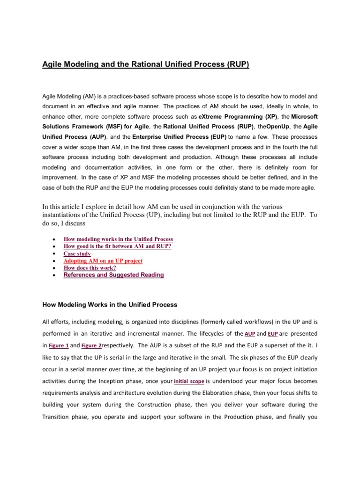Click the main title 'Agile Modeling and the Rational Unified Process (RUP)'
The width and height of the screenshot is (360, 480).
click(x=146, y=64)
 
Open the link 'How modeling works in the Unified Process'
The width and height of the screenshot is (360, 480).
click(x=118, y=239)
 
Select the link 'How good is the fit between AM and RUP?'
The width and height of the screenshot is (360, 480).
click(x=117, y=246)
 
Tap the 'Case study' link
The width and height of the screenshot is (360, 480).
click(x=77, y=254)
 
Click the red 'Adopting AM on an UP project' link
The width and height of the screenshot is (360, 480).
click(x=103, y=261)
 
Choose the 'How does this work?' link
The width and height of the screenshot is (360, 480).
click(x=90, y=268)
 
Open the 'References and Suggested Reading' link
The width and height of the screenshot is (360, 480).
click(x=113, y=275)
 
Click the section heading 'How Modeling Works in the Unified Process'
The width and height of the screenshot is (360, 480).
click(x=110, y=305)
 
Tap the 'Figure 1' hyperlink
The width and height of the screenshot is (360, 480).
click(x=59, y=346)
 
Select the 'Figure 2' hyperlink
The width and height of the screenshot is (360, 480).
click(x=91, y=346)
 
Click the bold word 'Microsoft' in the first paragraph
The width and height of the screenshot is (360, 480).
click(x=301, y=116)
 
